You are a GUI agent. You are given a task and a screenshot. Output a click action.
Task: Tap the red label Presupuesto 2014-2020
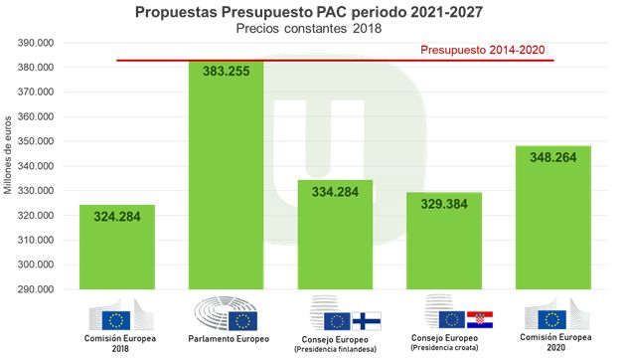point(483,49)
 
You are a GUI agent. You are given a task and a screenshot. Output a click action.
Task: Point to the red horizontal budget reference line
point(298,61)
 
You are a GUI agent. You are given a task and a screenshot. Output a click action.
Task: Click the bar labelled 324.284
point(117,249)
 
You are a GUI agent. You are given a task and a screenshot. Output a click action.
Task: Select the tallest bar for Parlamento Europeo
point(226,179)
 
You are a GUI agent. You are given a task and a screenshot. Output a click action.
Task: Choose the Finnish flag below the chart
point(367,320)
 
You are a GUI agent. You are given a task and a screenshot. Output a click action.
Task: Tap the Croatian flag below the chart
point(480,319)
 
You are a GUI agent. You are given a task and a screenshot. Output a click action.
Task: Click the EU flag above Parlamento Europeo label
point(242,320)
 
